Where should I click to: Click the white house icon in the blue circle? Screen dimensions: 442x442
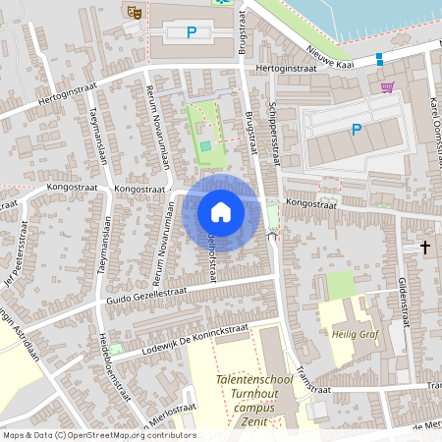coord(221,211)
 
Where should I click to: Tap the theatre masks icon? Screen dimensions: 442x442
coord(135,11)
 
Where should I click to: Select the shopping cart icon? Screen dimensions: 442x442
coord(387,87)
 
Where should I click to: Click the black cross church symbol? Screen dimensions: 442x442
coord(425,246)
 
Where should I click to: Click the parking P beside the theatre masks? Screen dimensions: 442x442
coord(192,32)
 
